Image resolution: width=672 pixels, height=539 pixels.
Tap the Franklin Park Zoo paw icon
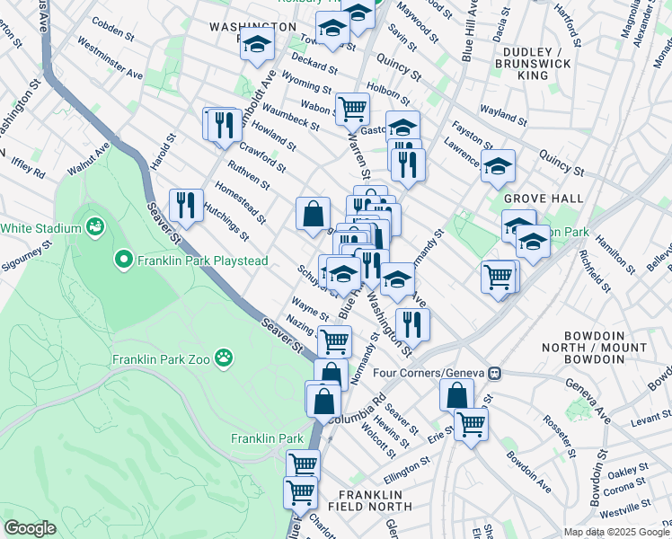[224, 360]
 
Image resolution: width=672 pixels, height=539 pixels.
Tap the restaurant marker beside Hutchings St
[186, 205]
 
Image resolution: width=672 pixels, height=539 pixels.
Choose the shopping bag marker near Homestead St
[313, 214]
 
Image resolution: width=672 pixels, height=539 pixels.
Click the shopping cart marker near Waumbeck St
[352, 109]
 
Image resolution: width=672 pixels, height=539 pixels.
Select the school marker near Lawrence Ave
[498, 165]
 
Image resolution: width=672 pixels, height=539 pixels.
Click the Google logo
[30, 528]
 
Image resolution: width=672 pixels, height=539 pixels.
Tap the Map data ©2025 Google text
[615, 532]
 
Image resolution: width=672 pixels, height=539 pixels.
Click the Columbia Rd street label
[357, 407]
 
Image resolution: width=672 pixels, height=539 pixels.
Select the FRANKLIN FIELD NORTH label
[376, 500]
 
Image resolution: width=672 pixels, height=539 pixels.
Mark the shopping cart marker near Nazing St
[334, 340]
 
